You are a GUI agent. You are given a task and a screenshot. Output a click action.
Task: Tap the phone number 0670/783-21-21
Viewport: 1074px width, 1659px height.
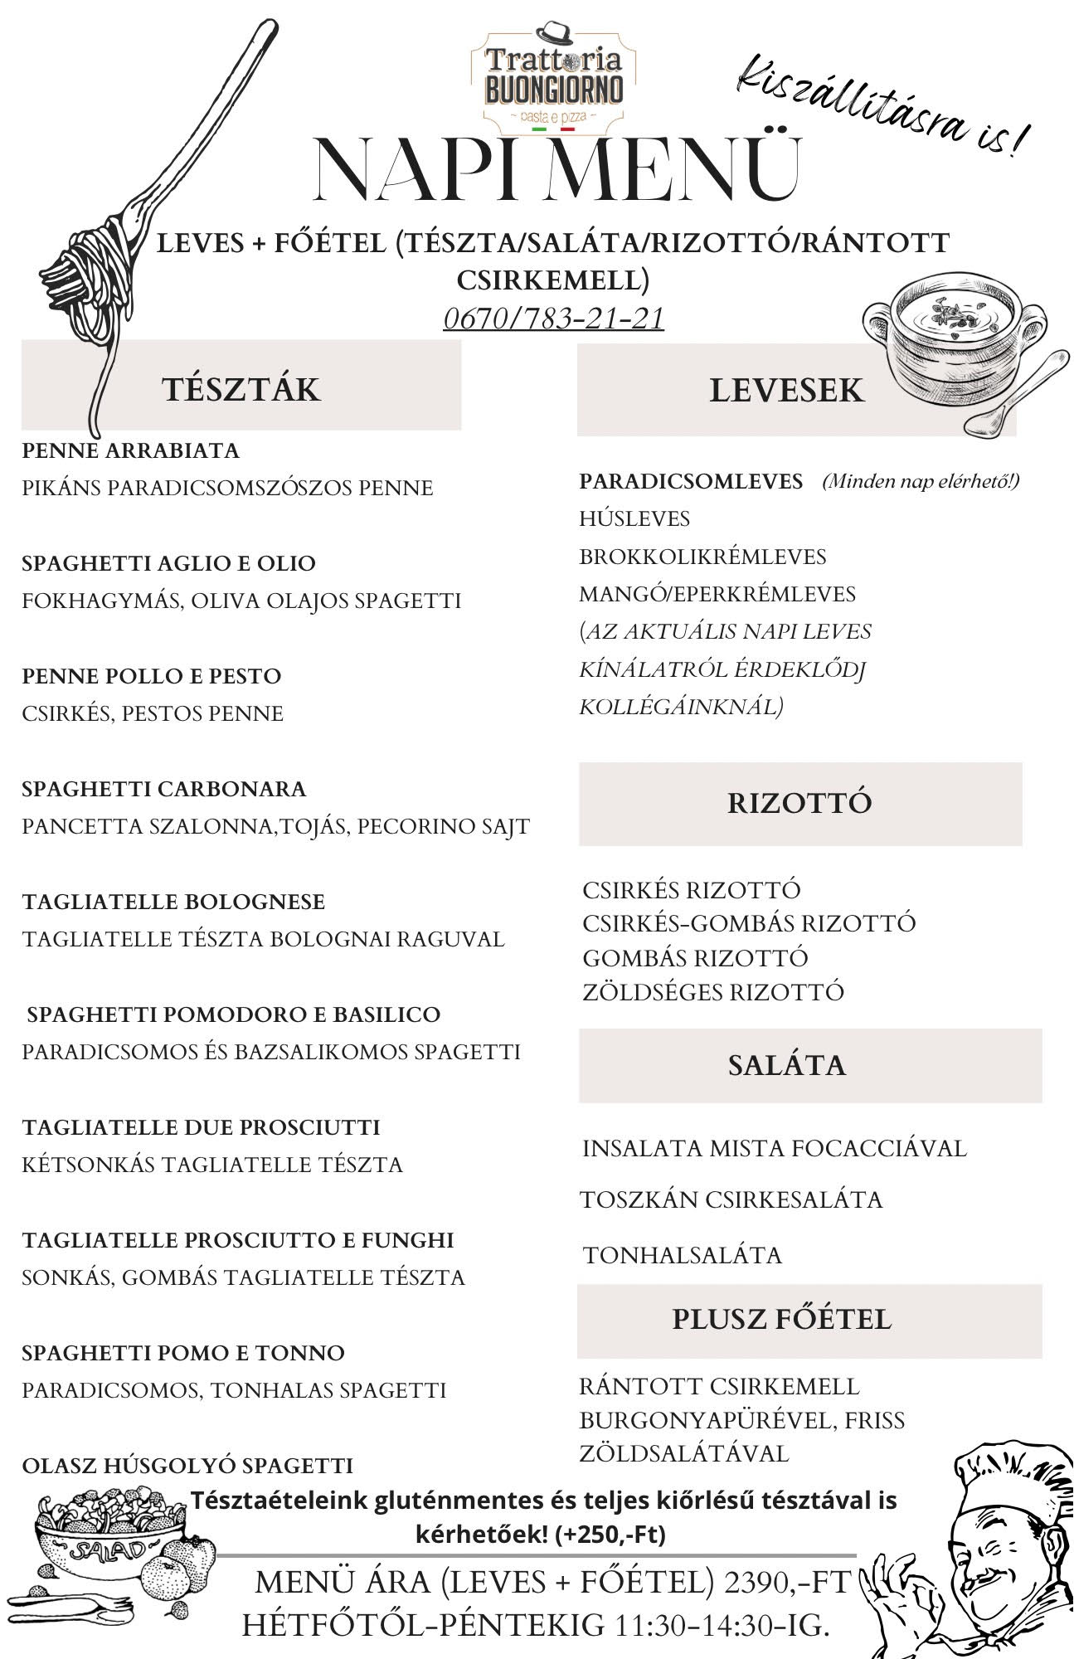point(553,319)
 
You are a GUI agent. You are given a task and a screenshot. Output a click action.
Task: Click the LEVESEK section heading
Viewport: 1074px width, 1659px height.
point(786,391)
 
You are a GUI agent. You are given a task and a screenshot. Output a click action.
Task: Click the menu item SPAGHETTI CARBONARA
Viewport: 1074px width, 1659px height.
point(164,789)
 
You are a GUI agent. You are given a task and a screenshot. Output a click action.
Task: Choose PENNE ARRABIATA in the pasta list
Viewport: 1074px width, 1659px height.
point(130,451)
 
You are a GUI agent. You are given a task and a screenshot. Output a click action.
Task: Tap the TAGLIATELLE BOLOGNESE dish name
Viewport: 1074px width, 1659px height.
point(173,902)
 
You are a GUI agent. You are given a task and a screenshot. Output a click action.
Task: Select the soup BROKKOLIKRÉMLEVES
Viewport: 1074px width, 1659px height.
point(702,557)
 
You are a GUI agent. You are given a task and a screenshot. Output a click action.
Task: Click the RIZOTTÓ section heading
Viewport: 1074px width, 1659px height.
point(799,803)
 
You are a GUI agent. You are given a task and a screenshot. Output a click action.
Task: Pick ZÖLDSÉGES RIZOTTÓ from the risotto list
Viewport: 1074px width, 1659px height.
point(713,992)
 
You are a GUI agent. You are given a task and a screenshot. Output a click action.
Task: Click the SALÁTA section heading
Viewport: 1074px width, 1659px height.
point(786,1065)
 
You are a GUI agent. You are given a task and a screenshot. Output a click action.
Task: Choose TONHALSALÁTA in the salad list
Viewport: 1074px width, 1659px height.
point(683,1255)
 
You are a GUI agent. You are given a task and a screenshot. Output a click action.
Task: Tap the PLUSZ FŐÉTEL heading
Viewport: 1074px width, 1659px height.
point(781,1319)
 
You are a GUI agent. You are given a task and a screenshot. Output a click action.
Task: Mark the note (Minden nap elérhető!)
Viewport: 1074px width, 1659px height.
point(921,481)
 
